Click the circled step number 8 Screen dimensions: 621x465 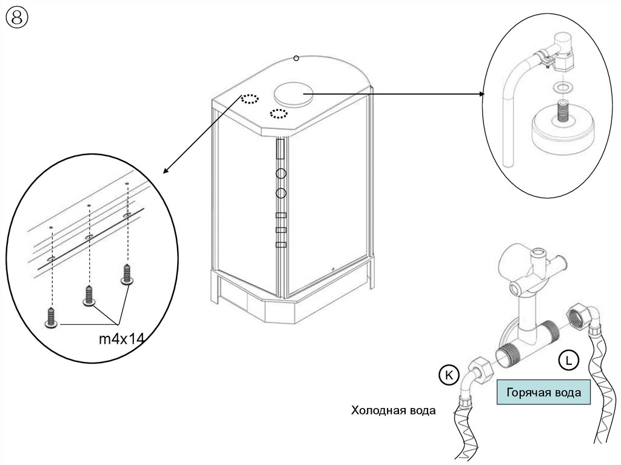tap(17, 18)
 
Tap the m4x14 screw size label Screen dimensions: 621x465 tap(121, 339)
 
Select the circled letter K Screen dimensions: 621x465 tap(449, 375)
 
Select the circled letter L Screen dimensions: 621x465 tap(569, 361)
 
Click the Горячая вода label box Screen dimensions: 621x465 tap(543, 392)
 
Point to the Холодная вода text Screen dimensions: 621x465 tap(393, 410)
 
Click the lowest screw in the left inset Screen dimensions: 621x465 tap(52, 317)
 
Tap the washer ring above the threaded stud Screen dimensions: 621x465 tap(560, 86)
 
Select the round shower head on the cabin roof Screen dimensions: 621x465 tap(293, 94)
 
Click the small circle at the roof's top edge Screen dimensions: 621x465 tap(296, 59)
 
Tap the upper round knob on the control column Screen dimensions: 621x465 tap(281, 173)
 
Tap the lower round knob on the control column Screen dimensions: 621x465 tap(281, 193)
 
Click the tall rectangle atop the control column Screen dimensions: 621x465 tap(280, 149)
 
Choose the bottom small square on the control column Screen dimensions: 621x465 tap(281, 244)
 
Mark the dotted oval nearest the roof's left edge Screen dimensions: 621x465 tap(250, 99)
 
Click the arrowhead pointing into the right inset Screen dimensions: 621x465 tap(482, 94)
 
